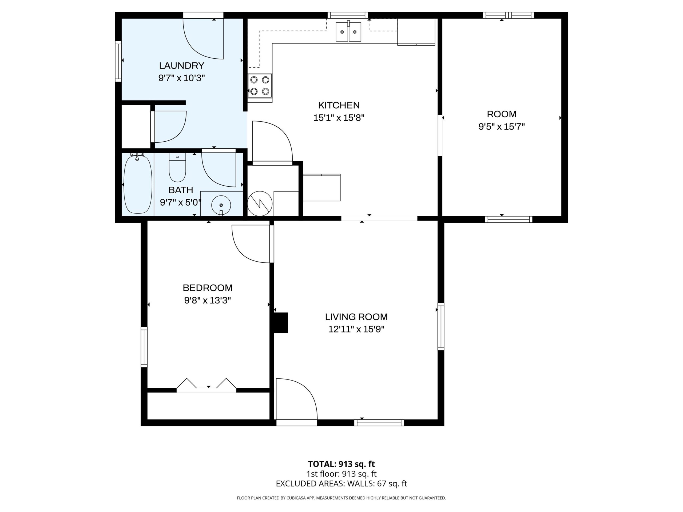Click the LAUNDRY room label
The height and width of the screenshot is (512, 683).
click(182, 66)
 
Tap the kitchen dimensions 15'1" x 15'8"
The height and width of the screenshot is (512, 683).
click(339, 118)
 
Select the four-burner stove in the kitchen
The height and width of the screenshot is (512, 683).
click(260, 86)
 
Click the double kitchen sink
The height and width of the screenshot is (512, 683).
click(348, 31)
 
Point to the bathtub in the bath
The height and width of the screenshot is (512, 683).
click(138, 184)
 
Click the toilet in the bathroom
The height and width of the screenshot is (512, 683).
click(177, 167)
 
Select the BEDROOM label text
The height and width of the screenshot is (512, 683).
click(208, 288)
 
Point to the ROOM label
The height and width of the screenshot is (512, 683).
click(501, 114)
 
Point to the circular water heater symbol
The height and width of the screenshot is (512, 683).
click(260, 203)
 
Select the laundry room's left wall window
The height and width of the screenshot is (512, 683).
click(118, 61)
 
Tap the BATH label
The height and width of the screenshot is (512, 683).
click(181, 190)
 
